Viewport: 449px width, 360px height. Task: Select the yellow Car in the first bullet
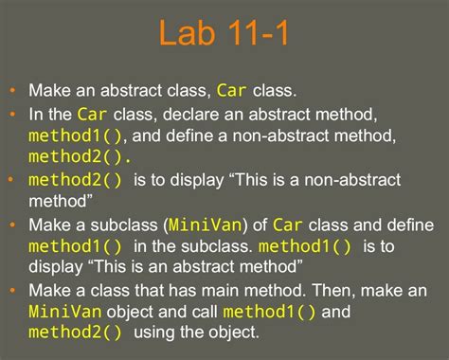pos(232,91)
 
